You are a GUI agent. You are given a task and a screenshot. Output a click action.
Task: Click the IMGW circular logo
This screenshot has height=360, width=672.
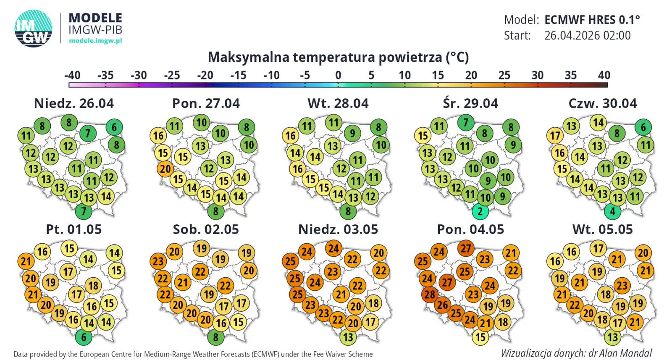pos(34,28)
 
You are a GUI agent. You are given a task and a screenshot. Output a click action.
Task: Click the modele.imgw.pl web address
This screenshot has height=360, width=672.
pos(95,41)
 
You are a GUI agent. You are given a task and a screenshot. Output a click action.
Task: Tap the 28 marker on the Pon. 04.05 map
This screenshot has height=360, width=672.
pos(430,294)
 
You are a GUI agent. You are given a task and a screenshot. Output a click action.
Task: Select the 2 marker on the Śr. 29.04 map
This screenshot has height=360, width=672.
pos(480,211)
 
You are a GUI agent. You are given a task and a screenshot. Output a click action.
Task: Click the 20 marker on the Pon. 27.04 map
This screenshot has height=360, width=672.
pos(165,169)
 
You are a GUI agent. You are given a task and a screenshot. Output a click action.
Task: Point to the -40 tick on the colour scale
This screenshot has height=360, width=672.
pos(72,76)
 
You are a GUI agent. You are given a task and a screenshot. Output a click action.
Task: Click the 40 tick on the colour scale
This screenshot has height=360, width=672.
pos(604,76)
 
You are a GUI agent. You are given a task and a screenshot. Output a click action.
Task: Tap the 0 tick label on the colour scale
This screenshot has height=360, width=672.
pos(338,76)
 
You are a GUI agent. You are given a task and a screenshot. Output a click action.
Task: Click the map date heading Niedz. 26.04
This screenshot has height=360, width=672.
pos(73,103)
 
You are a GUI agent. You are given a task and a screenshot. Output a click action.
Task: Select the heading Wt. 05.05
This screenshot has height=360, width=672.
pos(602,229)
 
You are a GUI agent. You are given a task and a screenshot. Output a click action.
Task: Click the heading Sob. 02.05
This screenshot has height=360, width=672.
pos(206,229)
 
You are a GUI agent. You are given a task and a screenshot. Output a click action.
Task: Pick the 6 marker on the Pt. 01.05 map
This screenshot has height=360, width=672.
pos(84,336)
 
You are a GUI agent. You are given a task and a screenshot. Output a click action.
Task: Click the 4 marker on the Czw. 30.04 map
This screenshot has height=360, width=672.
pos(612,211)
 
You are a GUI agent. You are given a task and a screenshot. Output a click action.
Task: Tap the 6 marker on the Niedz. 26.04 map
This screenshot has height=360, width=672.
pos(114,127)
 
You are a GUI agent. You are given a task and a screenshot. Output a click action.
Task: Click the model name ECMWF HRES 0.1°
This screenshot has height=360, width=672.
pos(592,20)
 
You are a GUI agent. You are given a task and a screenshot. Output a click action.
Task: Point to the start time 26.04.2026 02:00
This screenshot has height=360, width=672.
pos(587,35)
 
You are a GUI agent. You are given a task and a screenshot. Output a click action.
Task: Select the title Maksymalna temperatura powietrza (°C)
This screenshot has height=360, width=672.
pos(338,57)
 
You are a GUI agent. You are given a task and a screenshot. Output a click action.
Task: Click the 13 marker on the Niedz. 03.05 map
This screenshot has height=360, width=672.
pos(348,336)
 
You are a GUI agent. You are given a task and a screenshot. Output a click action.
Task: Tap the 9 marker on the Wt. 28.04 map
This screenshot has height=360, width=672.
pos(352,134)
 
